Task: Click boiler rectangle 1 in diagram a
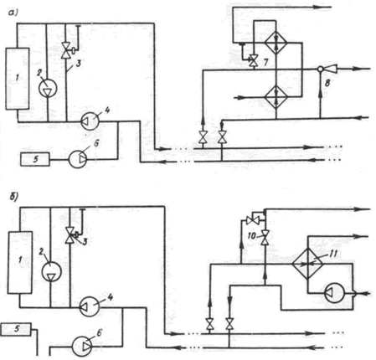[18, 79]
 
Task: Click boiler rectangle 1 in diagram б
[19, 262]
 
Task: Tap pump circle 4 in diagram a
[90, 121]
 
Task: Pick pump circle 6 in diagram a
[78, 159]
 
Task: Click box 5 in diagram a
[35, 159]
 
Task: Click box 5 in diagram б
[16, 329]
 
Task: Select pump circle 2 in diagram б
[51, 272]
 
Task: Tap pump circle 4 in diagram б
[90, 306]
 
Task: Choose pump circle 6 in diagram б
[82, 347]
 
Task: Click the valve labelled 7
[254, 61]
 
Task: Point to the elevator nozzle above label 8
[328, 69]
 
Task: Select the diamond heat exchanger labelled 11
[307, 264]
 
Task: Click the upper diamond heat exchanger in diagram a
[276, 43]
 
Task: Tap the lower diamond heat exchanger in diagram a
[276, 97]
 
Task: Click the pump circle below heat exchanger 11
[334, 293]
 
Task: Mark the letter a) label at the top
[13, 13]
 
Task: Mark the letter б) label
[14, 196]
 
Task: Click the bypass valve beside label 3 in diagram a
[66, 50]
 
